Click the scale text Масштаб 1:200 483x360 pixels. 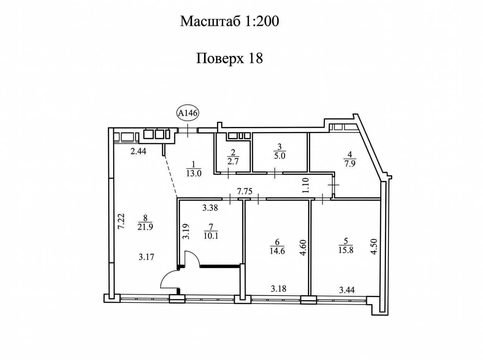[229, 21]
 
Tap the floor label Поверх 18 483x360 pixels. [229, 59]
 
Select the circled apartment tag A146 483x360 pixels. [188, 113]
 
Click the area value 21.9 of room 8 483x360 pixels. [145, 227]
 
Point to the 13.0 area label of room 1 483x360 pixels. [194, 173]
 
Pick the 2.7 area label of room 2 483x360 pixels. [233, 161]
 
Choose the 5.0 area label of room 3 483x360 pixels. [280, 156]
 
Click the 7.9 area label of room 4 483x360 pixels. [350, 164]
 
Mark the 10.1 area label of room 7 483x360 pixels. [211, 236]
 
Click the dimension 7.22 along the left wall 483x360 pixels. [121, 221]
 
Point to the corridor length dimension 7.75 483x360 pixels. [245, 191]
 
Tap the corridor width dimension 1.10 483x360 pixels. [306, 185]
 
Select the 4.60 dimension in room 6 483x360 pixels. [303, 248]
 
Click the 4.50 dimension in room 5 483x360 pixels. [374, 247]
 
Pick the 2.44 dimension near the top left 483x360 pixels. [138, 151]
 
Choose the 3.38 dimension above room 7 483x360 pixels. [210, 207]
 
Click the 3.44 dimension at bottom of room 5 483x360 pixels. [347, 290]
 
